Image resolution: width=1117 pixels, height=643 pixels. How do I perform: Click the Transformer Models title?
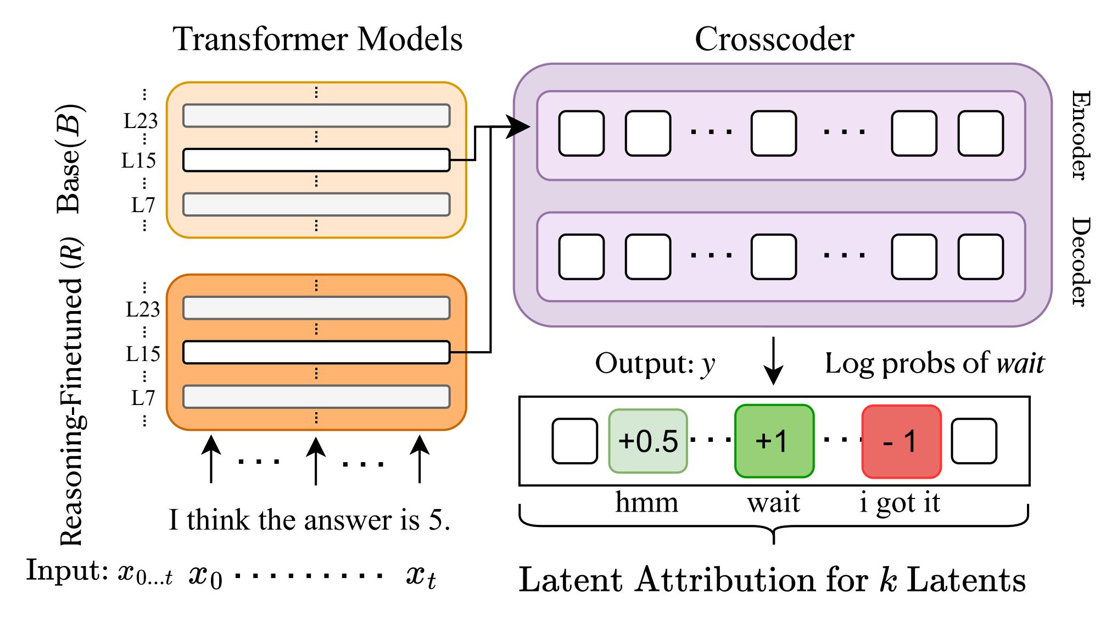click(x=317, y=40)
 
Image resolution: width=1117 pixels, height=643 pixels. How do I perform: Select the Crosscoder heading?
click(x=774, y=40)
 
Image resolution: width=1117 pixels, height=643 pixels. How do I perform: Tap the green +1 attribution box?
click(x=774, y=441)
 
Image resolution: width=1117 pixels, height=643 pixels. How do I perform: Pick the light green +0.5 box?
click(x=648, y=441)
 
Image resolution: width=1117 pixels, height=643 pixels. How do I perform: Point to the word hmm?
click(x=646, y=502)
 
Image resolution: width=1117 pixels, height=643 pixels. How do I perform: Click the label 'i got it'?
click(x=900, y=503)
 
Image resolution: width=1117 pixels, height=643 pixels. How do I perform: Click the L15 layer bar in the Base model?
click(x=316, y=160)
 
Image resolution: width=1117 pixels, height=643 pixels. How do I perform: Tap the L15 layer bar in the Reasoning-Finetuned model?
click(x=316, y=353)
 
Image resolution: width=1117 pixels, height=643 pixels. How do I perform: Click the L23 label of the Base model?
click(x=141, y=121)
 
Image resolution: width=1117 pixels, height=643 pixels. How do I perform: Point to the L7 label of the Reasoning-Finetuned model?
click(x=143, y=398)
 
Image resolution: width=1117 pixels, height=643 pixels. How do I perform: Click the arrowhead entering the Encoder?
click(x=518, y=128)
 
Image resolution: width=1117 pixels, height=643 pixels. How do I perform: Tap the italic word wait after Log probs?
click(x=1020, y=364)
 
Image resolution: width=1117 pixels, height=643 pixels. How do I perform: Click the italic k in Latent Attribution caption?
click(x=888, y=580)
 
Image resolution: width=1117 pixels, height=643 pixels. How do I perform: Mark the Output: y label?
click(x=655, y=364)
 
